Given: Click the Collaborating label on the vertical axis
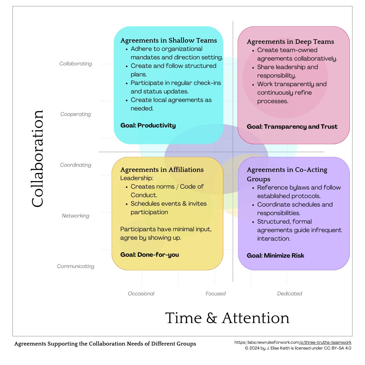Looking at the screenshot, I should pyautogui.click(x=75, y=64).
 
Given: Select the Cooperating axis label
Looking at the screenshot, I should pyautogui.click(x=75, y=114).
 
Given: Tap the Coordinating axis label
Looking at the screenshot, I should pyautogui.click(x=75, y=165).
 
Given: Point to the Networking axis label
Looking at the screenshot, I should pyautogui.click(x=75, y=216).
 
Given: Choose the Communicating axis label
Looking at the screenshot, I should pyautogui.click(x=75, y=266).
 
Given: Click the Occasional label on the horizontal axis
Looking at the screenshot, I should pyautogui.click(x=141, y=294).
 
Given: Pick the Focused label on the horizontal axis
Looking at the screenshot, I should pyautogui.click(x=215, y=294).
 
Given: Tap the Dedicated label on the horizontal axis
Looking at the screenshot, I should pyautogui.click(x=289, y=294).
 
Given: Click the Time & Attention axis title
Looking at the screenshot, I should pyautogui.click(x=227, y=318).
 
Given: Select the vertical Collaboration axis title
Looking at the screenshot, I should pyautogui.click(x=38, y=158).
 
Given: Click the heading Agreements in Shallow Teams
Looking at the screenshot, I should pyautogui.click(x=169, y=40).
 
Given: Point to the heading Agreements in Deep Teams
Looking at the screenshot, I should pyautogui.click(x=290, y=42).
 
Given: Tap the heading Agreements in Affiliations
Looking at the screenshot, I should pyautogui.click(x=162, y=170).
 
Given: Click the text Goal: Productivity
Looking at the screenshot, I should pyautogui.click(x=148, y=125).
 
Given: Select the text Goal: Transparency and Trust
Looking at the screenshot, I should pyautogui.click(x=292, y=127).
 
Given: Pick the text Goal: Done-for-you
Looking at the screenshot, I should pyautogui.click(x=149, y=255).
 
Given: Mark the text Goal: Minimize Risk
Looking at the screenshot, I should pyautogui.click(x=275, y=255).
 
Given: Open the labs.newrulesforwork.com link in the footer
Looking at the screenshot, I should pyautogui.click(x=293, y=342).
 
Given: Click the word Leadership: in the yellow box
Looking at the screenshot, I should pyautogui.click(x=137, y=178).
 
